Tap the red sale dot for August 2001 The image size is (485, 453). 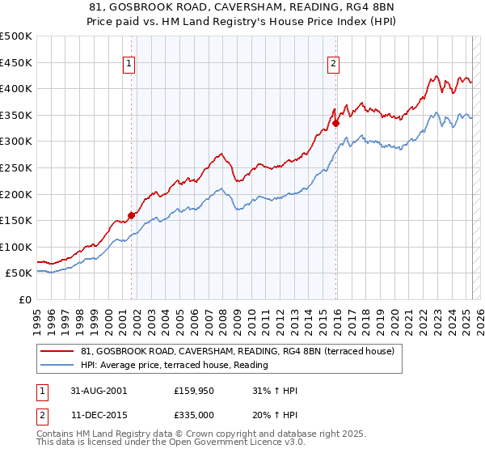click(131, 215)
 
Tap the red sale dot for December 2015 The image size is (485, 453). click(335, 123)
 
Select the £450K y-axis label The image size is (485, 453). click(16, 62)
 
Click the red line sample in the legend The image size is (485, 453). click(58, 352)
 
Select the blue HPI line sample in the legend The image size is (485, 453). click(58, 366)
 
